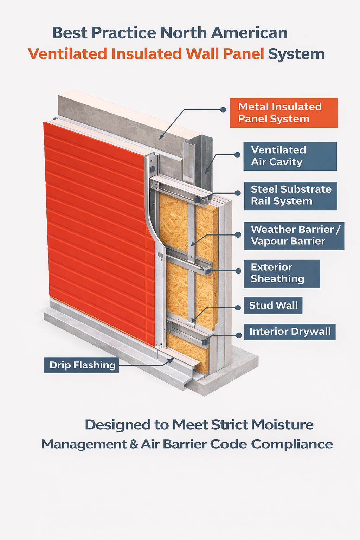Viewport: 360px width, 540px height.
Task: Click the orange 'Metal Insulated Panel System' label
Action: tap(283, 113)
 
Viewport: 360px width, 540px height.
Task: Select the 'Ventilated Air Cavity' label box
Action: tap(290, 156)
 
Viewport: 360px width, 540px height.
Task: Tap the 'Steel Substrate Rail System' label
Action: tap(290, 195)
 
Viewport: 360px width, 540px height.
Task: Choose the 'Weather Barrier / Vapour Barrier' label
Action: tap(294, 236)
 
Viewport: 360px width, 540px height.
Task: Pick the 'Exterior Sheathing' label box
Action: tap(282, 274)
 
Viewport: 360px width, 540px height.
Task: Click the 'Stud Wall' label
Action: tap(273, 305)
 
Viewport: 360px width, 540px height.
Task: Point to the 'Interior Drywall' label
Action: tap(290, 332)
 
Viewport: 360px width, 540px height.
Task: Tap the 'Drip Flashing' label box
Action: tap(81, 365)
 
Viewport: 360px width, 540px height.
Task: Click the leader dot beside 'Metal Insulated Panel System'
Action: tap(223, 110)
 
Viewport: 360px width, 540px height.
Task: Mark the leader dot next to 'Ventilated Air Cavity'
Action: tap(237, 155)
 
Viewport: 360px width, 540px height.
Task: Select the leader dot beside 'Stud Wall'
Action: tap(238, 307)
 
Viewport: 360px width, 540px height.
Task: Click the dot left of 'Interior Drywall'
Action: tap(238, 335)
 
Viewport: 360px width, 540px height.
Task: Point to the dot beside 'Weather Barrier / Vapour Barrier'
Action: tap(238, 234)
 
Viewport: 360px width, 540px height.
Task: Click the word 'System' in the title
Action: tap(296, 54)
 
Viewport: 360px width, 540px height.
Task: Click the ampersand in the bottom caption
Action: tap(134, 444)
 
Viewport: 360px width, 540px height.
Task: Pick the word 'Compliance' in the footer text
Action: tap(292, 444)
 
